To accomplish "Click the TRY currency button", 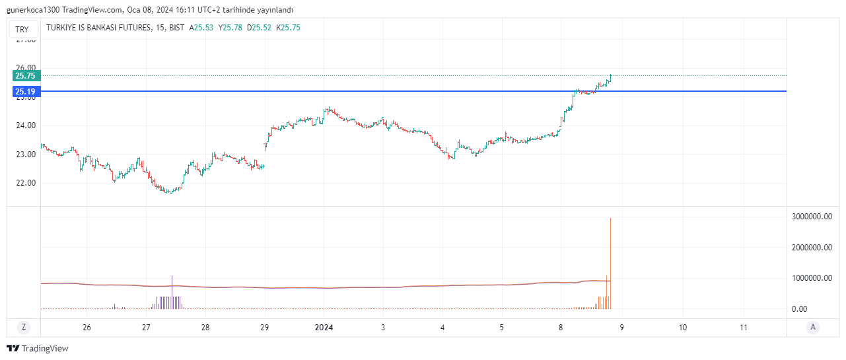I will click(x=22, y=29).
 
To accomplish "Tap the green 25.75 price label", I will click(x=26, y=76).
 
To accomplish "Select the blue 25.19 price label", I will click(x=26, y=91).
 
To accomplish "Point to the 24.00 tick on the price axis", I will click(x=26, y=126).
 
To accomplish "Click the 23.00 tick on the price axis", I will click(x=26, y=155).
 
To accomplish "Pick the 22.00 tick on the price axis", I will click(x=26, y=183).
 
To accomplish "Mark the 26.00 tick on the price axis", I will click(x=26, y=68).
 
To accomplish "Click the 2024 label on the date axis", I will click(x=324, y=327).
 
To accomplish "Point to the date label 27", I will click(x=146, y=327).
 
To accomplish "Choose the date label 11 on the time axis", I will click(x=744, y=327).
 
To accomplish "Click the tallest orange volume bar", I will click(x=610, y=264).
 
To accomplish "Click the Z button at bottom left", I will click(x=24, y=327).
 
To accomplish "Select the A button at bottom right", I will click(x=813, y=327).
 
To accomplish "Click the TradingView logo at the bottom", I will click(x=38, y=348).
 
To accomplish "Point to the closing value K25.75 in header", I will click(x=288, y=28).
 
